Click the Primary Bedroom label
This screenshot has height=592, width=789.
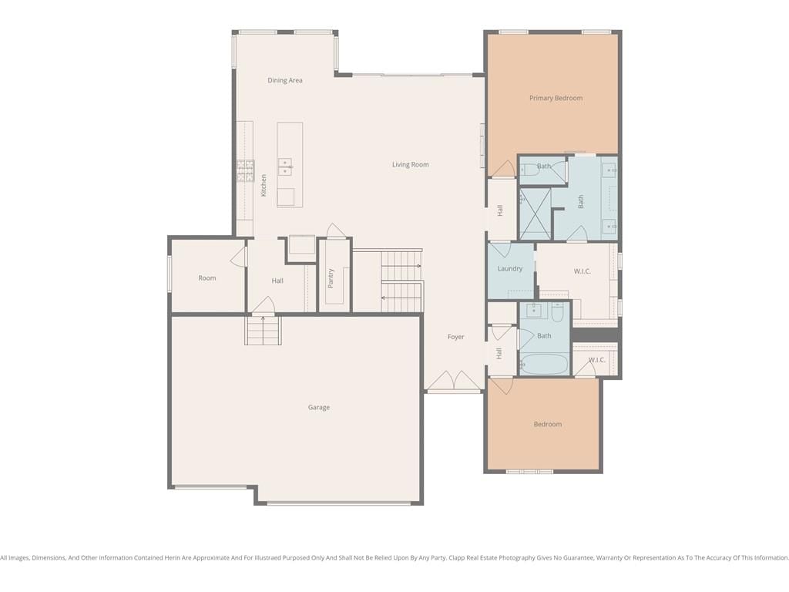(556, 98)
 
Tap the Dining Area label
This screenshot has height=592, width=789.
(285, 80)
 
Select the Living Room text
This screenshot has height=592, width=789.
(411, 165)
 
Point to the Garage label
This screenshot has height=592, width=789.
(319, 407)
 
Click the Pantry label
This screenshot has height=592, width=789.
(331, 278)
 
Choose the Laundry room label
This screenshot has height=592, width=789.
(510, 269)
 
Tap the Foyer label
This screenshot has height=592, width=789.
(456, 337)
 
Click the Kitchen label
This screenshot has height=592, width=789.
(264, 185)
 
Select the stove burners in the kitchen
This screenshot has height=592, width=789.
(246, 170)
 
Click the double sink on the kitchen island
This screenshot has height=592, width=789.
(285, 166)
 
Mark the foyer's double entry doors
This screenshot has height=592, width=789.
(454, 381)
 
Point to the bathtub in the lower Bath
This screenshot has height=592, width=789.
(544, 364)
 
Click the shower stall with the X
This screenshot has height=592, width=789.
(536, 214)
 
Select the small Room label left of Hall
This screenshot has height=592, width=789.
(206, 277)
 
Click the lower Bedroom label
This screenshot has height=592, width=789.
(548, 425)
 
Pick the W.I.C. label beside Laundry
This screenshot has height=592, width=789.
(583, 271)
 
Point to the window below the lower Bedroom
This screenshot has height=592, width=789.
(529, 472)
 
